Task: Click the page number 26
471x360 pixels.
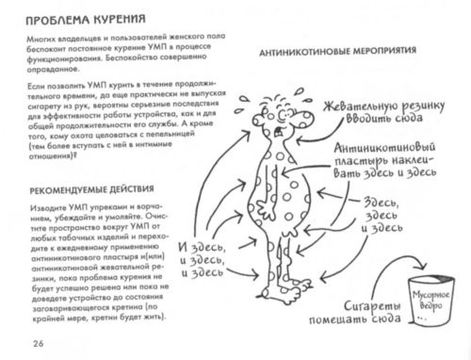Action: (x=38, y=341)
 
